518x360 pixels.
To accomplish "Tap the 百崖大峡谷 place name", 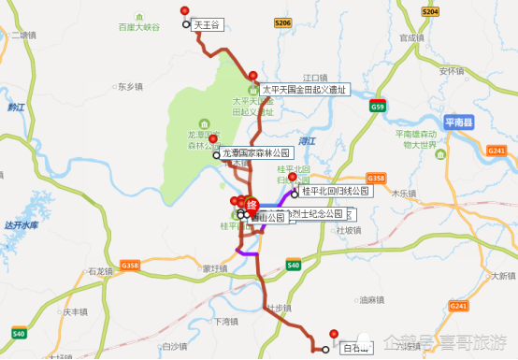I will [x=140, y=28].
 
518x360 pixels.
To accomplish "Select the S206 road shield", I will [x=284, y=22].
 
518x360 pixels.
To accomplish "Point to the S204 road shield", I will [x=430, y=11].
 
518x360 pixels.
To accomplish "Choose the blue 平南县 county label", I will [x=459, y=122].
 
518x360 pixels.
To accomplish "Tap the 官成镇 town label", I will [x=412, y=38].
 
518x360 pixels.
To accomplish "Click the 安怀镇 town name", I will [x=452, y=70].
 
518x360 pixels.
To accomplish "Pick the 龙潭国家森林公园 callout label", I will [x=256, y=152].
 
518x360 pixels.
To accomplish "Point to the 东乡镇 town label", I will [x=131, y=86].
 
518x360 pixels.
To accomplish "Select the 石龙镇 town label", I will [x=100, y=270].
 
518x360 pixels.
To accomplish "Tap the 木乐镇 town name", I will [x=403, y=193].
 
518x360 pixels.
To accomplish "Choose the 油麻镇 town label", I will [x=372, y=300].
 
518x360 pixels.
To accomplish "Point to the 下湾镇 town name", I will [x=227, y=321].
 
